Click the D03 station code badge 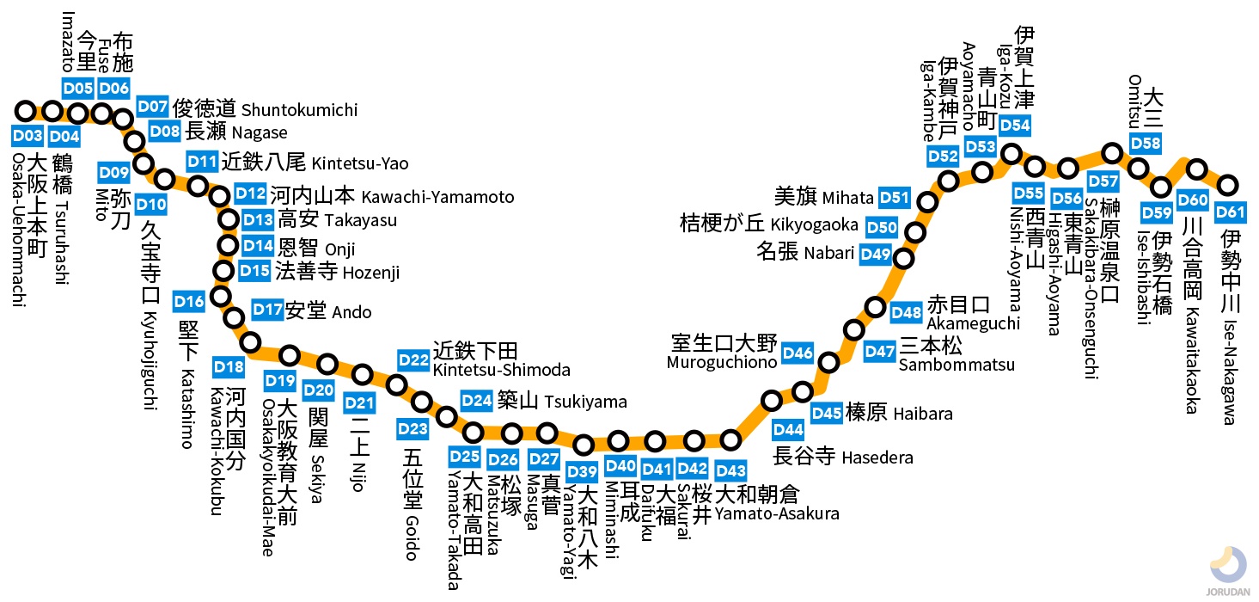click(28, 136)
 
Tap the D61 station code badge click(1230, 212)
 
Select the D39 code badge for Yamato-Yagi click(582, 470)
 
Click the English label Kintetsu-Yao click(360, 163)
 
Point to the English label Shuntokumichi click(299, 110)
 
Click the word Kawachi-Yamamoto click(437, 197)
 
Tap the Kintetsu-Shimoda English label click(501, 371)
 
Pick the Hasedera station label click(877, 458)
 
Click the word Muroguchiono click(721, 363)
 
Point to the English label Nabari click(830, 254)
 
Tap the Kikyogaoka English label click(814, 225)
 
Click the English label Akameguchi click(973, 323)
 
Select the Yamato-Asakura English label click(777, 514)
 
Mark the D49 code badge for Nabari click(876, 254)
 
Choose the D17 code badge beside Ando click(267, 310)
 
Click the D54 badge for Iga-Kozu click(1014, 126)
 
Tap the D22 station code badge click(413, 359)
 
